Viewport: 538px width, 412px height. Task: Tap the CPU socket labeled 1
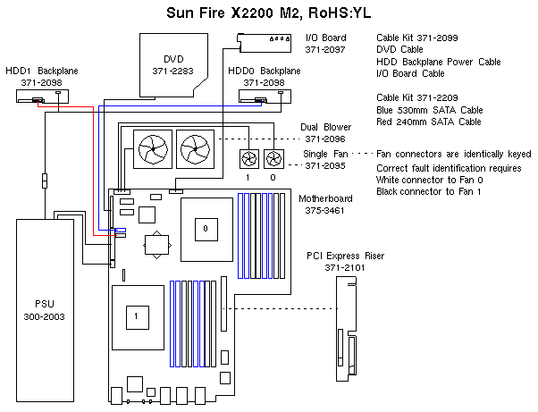[136, 316]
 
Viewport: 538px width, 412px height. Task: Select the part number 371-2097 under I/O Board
[325, 50]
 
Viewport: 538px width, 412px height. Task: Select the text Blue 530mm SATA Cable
[429, 109]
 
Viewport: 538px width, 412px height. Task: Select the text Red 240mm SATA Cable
[429, 121]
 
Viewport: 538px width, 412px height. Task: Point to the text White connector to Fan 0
[433, 180]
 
